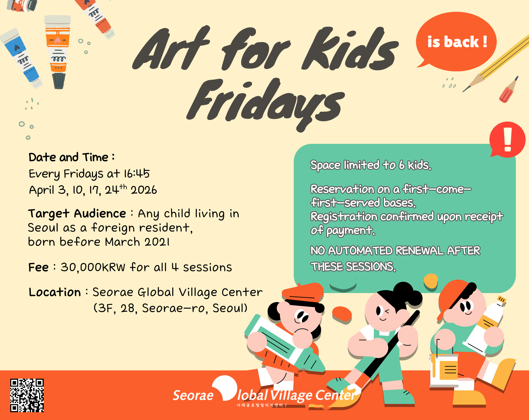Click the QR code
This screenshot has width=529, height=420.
27,395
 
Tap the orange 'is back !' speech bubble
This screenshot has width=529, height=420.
456,42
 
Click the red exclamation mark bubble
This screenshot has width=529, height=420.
507,140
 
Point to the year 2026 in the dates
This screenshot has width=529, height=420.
144,190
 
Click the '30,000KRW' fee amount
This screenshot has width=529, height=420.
93,267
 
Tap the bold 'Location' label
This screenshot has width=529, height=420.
55,292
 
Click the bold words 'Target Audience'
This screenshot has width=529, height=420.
77,214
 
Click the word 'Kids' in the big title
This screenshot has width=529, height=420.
350,50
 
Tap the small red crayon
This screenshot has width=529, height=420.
509,90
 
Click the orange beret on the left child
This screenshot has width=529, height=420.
303,293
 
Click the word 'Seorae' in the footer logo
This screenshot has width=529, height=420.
193,395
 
